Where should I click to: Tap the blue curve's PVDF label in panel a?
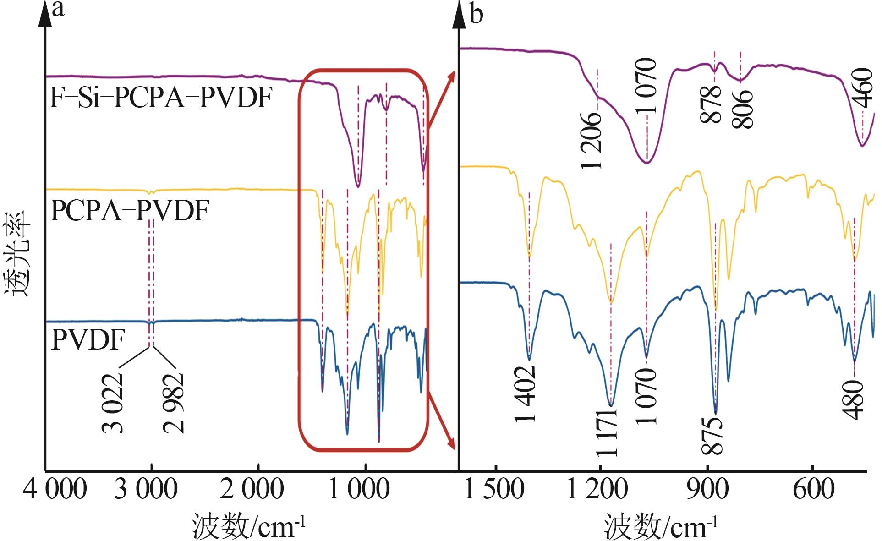88,339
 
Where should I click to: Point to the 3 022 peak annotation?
112,403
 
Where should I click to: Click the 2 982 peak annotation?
174,403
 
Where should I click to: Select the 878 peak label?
711,104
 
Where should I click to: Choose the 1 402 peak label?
526,394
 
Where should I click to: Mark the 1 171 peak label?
607,432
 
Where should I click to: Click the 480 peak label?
854,399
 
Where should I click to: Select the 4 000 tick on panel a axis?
55,489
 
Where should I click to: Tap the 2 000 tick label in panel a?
252,489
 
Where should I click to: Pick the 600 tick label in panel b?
813,489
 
